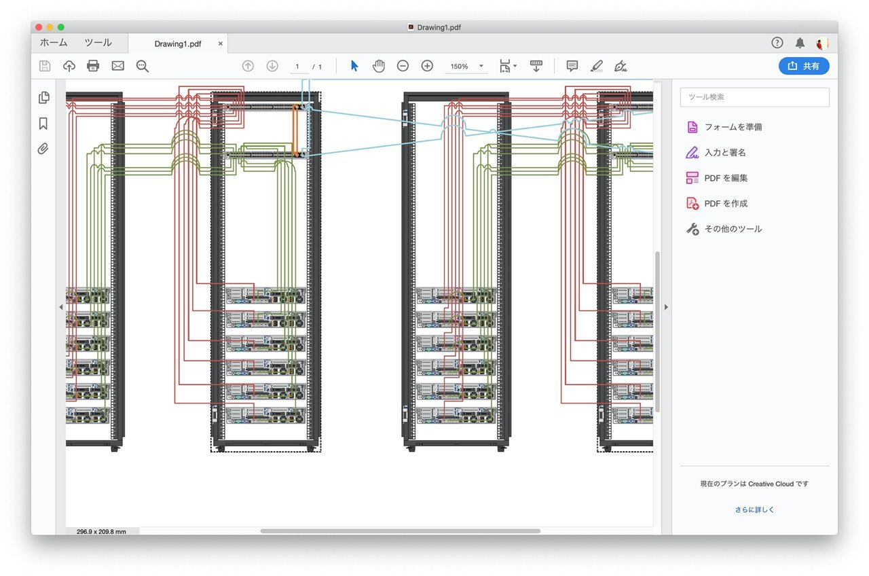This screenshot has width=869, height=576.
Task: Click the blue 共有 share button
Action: [803, 66]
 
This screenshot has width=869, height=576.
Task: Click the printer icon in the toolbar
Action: [93, 66]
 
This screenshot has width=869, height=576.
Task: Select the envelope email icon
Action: [118, 66]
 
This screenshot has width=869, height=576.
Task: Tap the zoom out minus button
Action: [403, 66]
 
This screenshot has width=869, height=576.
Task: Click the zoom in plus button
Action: [427, 66]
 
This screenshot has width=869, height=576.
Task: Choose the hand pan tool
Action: [379, 66]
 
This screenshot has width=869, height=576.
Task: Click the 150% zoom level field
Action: [460, 67]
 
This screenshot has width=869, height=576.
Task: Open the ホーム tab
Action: [54, 43]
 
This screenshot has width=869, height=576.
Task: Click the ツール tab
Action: [98, 43]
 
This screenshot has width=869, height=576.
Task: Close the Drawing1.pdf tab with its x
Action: [221, 43]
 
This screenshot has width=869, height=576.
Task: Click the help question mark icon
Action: [777, 43]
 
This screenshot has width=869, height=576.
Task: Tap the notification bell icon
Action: [800, 43]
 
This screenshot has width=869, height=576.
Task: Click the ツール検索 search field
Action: [754, 97]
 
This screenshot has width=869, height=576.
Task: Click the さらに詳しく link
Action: [754, 509]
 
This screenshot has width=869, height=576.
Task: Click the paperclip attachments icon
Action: [43, 149]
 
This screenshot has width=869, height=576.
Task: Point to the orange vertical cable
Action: [295, 130]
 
